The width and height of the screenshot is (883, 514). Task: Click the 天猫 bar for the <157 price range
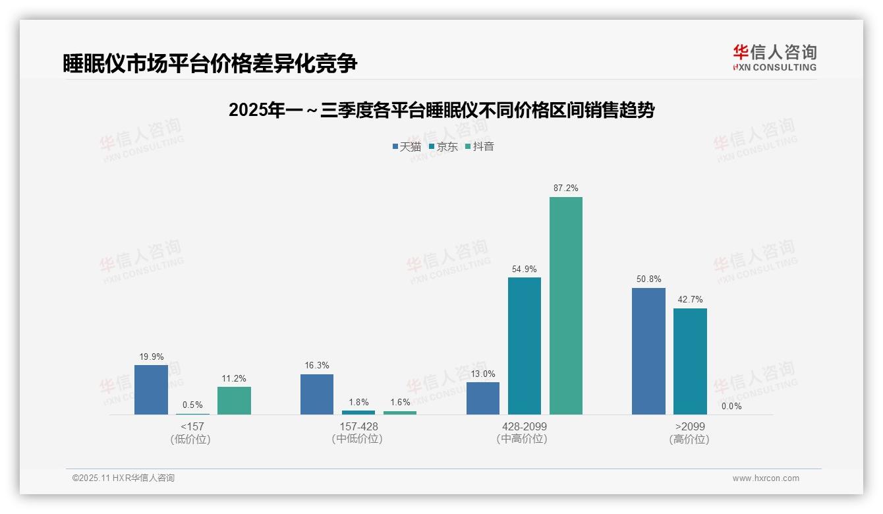pos(151,389)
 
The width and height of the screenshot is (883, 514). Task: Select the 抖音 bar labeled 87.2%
pos(566,306)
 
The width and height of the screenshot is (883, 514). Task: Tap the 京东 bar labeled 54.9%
pos(525,346)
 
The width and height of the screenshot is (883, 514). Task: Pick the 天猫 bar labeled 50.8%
pos(648,351)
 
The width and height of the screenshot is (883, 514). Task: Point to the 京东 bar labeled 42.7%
pos(690,361)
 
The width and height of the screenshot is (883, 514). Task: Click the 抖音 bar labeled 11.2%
pos(234,401)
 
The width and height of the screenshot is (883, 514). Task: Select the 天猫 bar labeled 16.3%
pos(317,394)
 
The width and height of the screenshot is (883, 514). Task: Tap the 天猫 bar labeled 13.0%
pos(483,398)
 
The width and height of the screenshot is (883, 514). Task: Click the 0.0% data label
pos(731,407)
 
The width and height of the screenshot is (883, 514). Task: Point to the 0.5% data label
pos(192,405)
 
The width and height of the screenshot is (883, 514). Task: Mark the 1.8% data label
pos(358,403)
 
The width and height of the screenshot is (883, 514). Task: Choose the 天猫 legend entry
pos(407,146)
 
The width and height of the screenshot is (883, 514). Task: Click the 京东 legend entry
pos(443,146)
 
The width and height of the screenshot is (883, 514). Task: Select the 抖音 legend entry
pos(480,146)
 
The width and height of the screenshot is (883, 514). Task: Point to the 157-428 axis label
pos(358,426)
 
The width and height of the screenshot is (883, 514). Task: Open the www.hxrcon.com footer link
pos(766,478)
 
